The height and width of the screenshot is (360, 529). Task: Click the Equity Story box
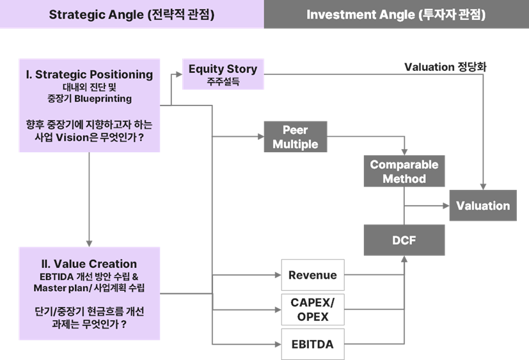(223, 74)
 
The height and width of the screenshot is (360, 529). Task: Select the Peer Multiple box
(295, 137)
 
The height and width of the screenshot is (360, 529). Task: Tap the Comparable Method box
(404, 171)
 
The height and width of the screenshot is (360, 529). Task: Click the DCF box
(404, 240)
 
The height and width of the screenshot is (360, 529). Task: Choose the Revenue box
(313, 275)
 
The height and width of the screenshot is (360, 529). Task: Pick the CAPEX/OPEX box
(313, 309)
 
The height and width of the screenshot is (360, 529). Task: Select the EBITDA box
(313, 344)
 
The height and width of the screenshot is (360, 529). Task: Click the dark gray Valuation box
(483, 205)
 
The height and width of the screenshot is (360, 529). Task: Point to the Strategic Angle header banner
(132, 14)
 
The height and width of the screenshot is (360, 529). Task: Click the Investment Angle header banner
(397, 14)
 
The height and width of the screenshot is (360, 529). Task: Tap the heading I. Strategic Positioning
(90, 74)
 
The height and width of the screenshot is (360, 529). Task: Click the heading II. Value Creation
(89, 263)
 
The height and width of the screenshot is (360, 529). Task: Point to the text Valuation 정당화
(445, 67)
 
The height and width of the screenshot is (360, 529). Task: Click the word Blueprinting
(103, 98)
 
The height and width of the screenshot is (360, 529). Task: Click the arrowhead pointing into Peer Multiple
(261, 137)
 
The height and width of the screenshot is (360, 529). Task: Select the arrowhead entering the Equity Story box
(179, 74)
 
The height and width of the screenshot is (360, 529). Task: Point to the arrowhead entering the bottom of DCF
(404, 259)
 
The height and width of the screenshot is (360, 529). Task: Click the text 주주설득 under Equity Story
(223, 82)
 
